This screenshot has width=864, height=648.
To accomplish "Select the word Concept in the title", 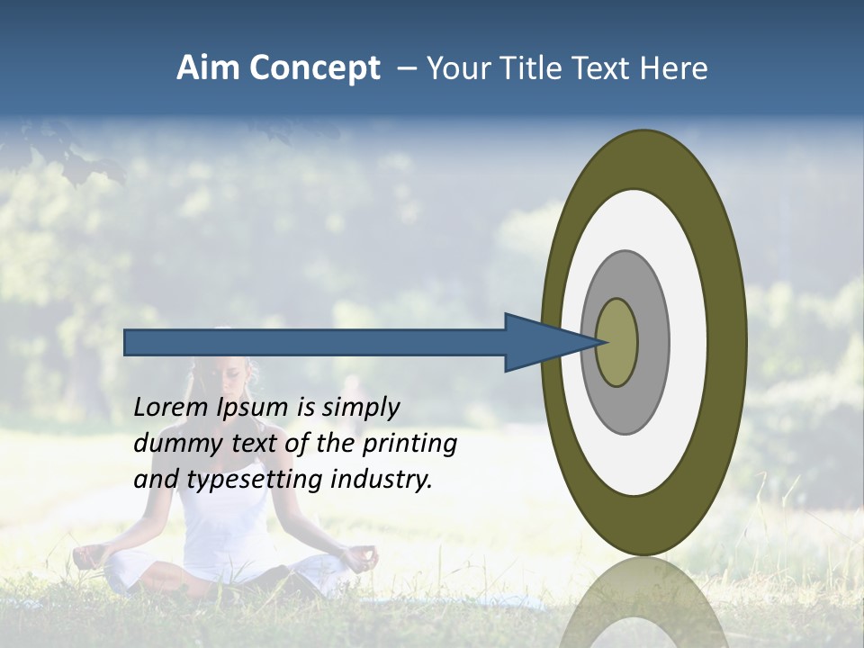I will (x=316, y=69).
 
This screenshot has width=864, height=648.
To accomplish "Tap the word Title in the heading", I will (x=533, y=68).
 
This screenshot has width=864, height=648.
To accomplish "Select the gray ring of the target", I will (x=652, y=342).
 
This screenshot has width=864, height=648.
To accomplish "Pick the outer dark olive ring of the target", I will (x=725, y=342).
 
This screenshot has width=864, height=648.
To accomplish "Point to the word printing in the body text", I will (x=409, y=445).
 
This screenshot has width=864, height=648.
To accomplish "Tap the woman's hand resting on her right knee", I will (x=361, y=557).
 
